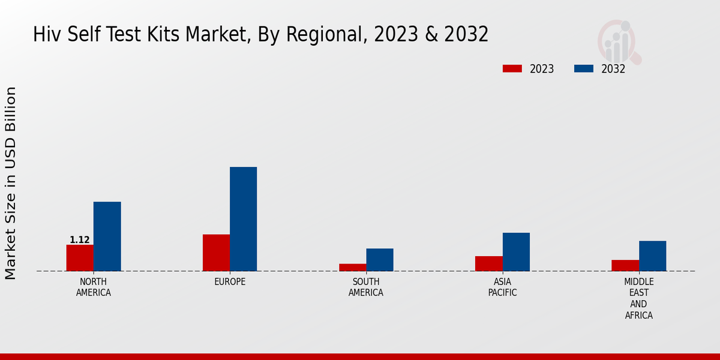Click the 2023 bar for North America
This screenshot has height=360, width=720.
coord(80,258)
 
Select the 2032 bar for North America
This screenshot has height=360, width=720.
coord(107,236)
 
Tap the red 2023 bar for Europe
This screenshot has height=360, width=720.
coord(216,253)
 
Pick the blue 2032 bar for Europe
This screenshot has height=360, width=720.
coord(243,219)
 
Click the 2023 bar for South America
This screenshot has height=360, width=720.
coord(352,268)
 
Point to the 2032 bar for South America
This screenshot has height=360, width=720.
coord(380,260)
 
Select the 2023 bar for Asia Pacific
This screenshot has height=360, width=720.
coord(489,264)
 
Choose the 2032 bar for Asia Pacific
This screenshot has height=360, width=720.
coord(516,252)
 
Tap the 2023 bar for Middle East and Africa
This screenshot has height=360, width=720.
coord(625,266)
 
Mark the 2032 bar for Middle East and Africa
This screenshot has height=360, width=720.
coord(652,256)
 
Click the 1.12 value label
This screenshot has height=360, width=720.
coord(80,240)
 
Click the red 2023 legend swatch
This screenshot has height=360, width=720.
coord(512,68)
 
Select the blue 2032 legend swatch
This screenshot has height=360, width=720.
coord(583,68)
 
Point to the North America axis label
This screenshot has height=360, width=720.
coord(94,287)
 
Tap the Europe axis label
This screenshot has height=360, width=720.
coord(230,282)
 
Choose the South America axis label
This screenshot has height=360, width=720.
coord(366,287)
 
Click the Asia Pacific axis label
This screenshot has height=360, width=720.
coord(503,287)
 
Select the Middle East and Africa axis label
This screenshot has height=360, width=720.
coord(639,298)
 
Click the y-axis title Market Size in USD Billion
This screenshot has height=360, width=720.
coord(11,183)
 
